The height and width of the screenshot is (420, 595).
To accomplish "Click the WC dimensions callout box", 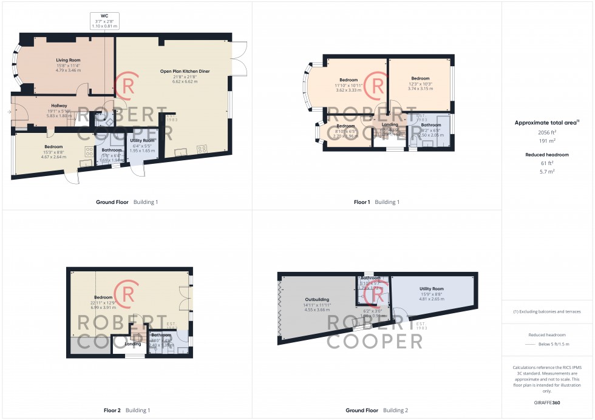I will point(104,21).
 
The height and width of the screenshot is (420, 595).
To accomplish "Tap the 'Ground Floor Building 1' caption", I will point(127,202).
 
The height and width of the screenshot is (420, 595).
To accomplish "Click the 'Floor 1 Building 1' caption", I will point(376,202).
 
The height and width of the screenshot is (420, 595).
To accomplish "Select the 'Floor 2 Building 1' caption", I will point(127,410).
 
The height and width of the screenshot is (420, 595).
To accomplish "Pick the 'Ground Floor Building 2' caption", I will point(376,410).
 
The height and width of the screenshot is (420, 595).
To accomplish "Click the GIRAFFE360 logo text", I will point(548,402).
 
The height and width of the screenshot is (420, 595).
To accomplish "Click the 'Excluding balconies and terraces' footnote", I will point(547,311).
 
